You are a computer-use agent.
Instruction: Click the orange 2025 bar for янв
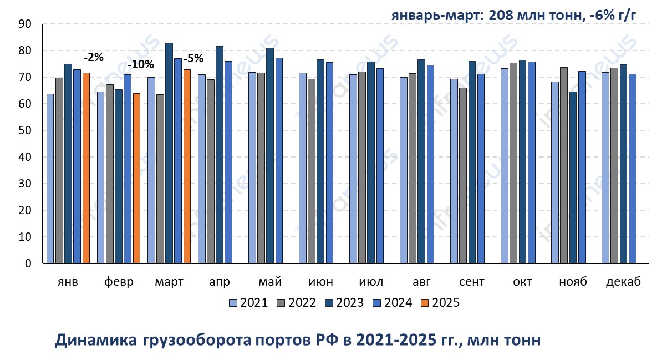click(x=86, y=168)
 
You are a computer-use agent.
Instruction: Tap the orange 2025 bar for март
click(x=187, y=166)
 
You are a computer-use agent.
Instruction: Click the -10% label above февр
click(x=141, y=64)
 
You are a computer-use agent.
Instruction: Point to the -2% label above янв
click(x=93, y=57)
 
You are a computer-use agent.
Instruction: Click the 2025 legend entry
click(x=440, y=302)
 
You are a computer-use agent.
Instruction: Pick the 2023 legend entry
click(x=345, y=302)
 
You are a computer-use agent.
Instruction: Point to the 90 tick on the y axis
click(x=24, y=24)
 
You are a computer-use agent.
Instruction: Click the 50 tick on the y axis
click(x=24, y=130)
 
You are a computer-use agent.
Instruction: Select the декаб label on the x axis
click(x=623, y=282)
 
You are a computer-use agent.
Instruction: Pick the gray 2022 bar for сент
click(x=463, y=175)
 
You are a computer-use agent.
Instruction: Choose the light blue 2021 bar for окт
click(x=505, y=166)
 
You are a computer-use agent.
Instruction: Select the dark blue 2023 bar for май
click(x=269, y=155)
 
